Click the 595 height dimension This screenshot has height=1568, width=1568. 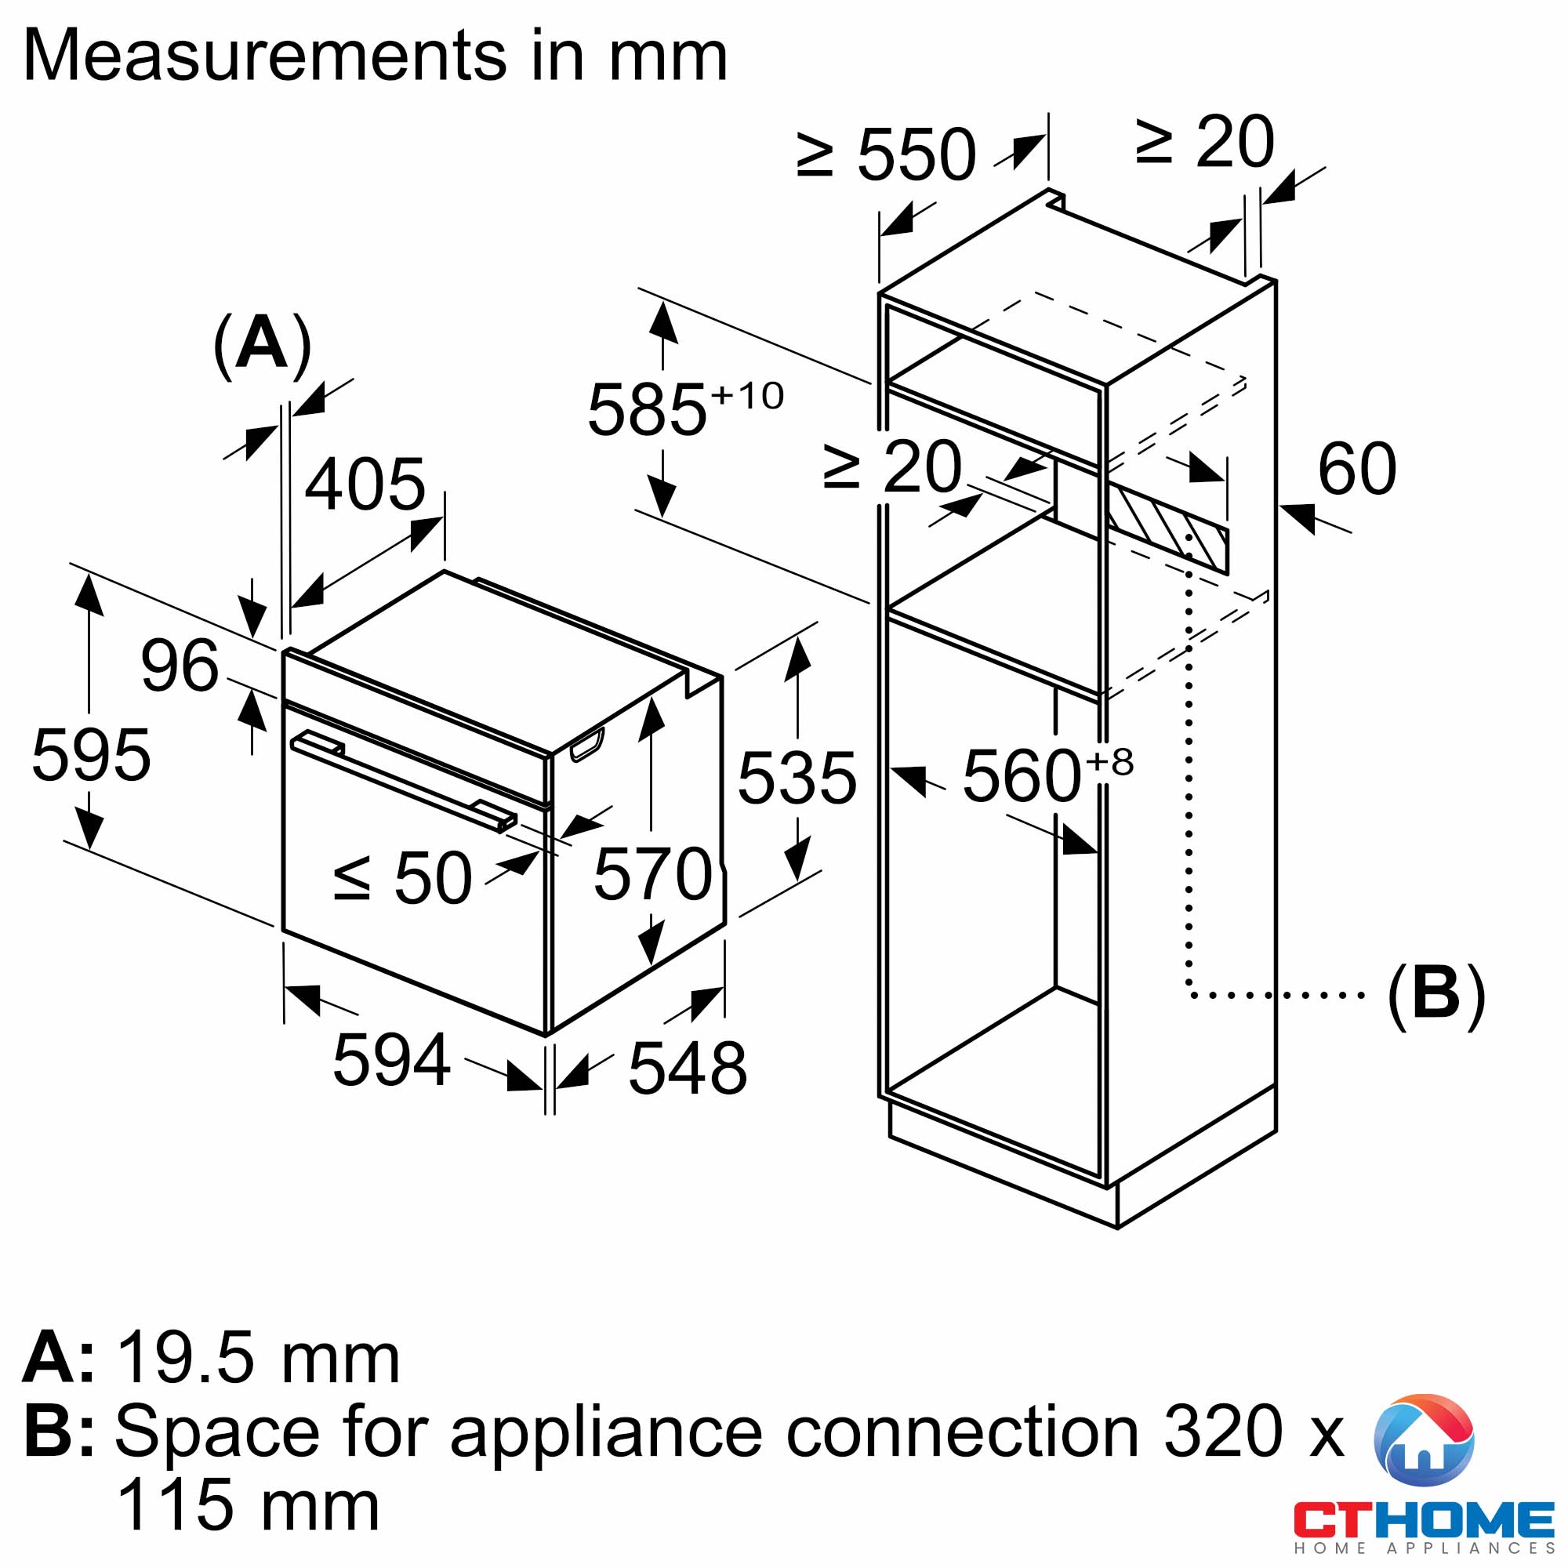(91, 756)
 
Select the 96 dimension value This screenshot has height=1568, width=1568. (180, 666)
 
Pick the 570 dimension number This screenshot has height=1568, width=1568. (653, 874)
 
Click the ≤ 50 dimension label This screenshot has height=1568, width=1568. (402, 877)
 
